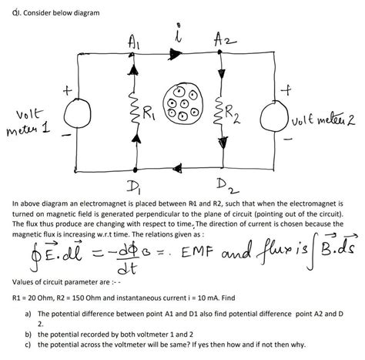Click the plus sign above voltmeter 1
pyautogui.click(x=68, y=91)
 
